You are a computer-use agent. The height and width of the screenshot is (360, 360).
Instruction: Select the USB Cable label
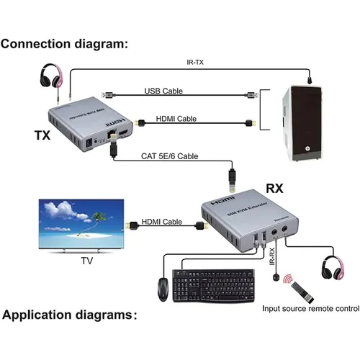click(x=163, y=91)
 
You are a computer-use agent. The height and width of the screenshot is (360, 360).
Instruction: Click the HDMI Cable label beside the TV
click(x=161, y=222)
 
